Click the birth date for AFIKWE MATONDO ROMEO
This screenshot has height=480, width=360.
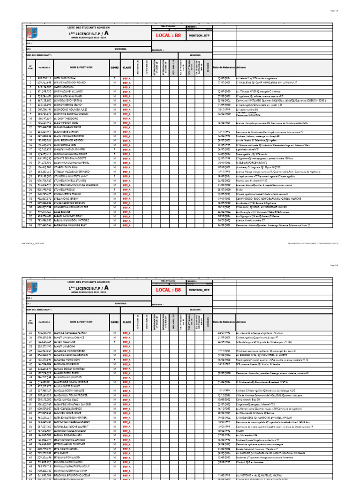(x=224, y=82)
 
